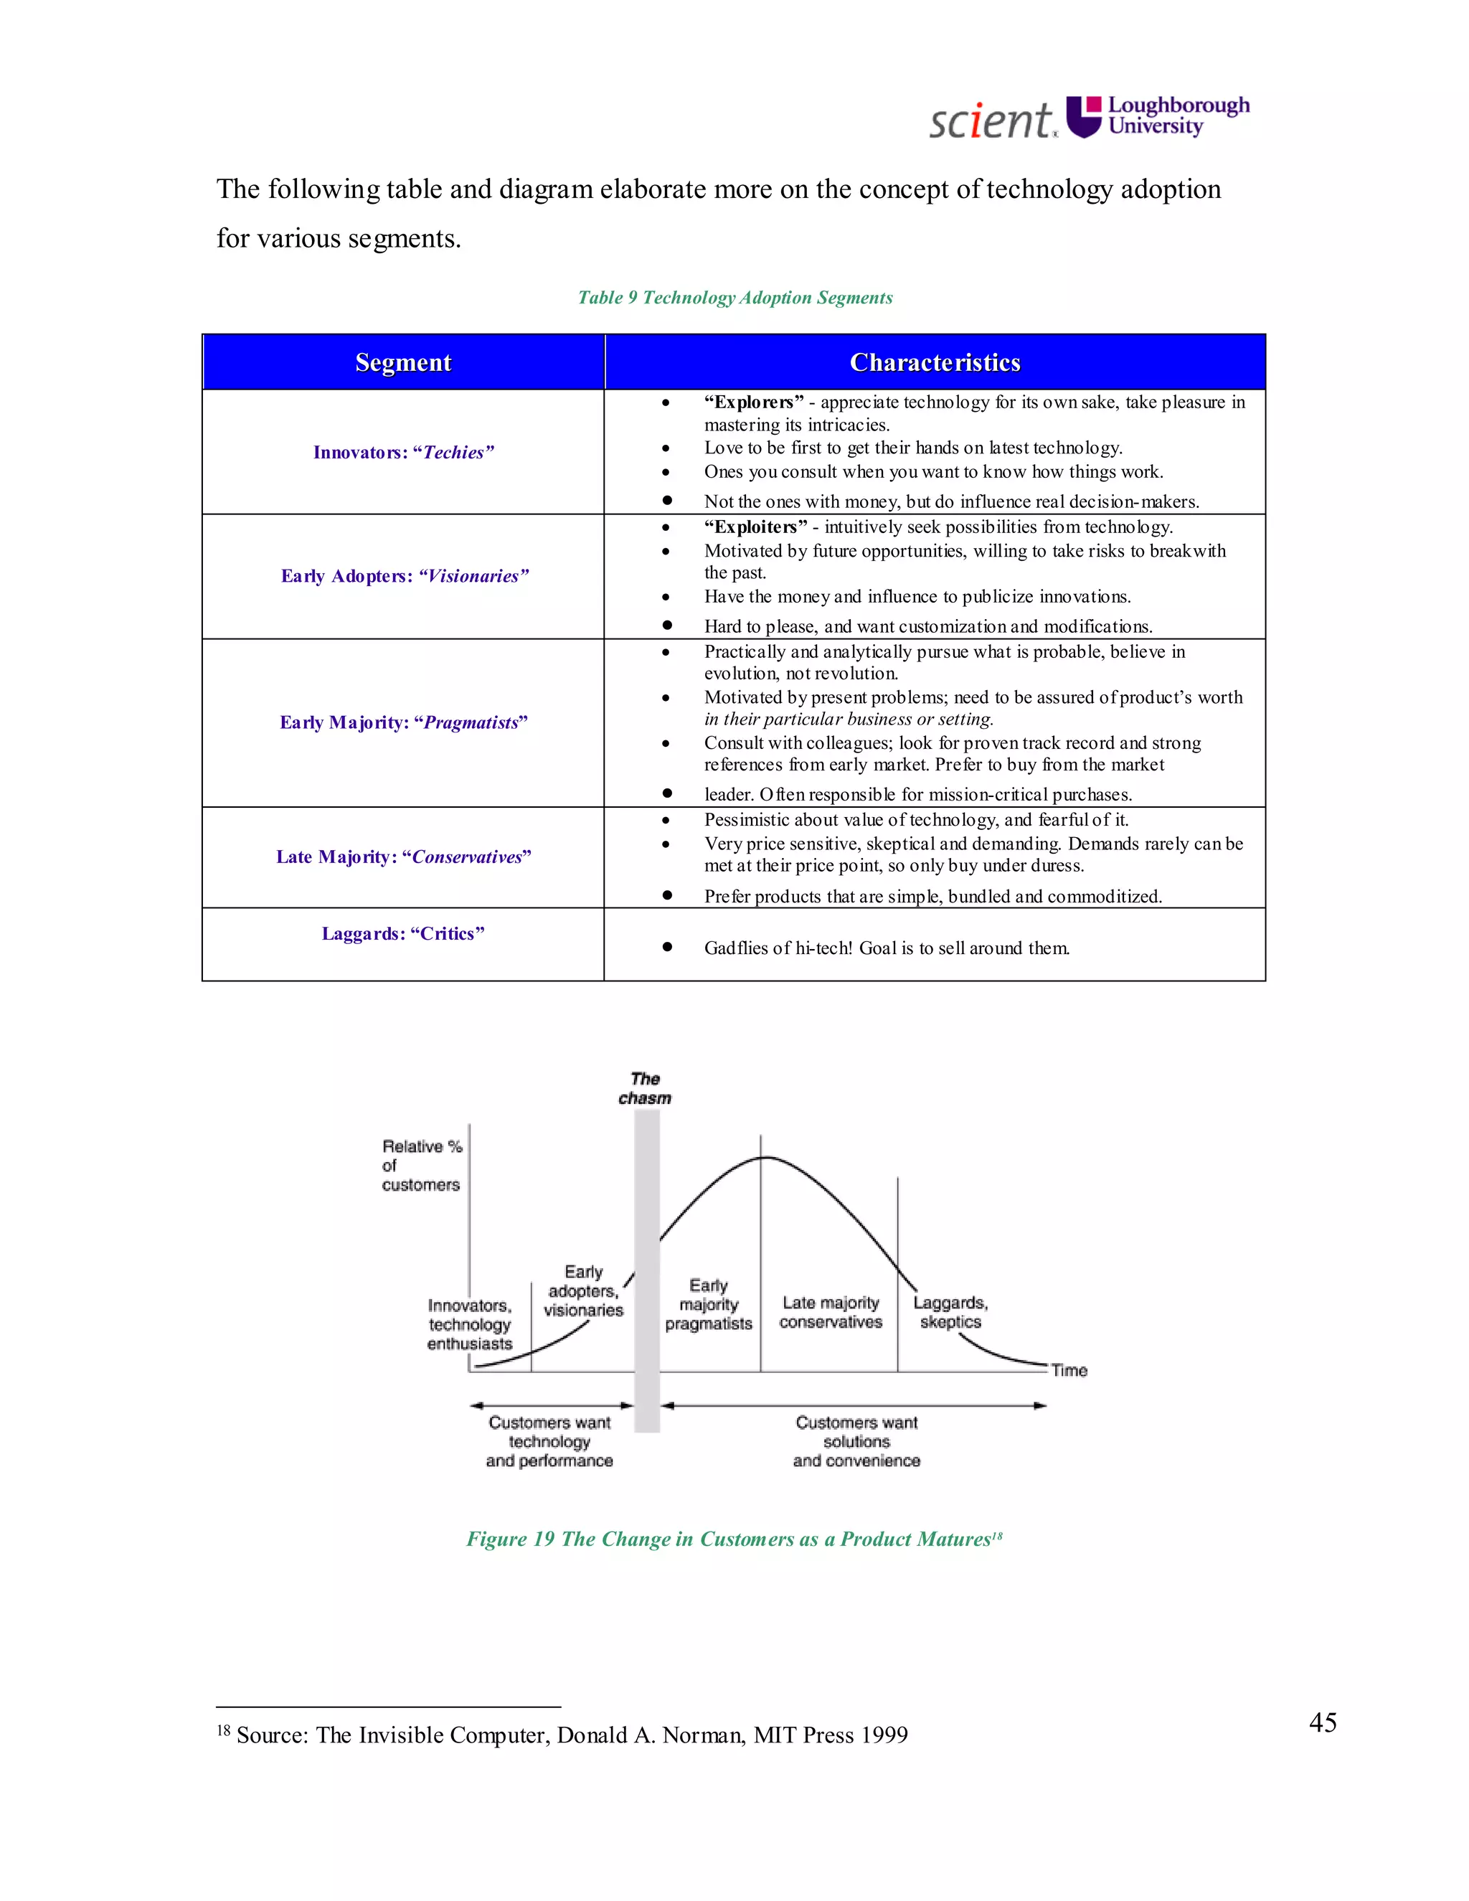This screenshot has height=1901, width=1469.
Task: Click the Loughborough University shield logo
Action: (1085, 117)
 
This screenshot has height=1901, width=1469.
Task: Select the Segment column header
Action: (403, 362)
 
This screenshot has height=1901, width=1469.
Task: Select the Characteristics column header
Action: (935, 362)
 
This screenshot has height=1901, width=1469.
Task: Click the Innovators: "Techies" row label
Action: (403, 452)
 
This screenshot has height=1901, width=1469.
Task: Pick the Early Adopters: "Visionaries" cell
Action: (404, 576)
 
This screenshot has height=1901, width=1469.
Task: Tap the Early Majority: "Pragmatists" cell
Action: (403, 722)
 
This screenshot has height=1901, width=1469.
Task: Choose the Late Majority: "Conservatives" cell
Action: (403, 857)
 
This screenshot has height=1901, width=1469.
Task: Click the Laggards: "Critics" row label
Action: (403, 933)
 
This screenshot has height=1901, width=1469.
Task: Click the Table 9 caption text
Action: (735, 298)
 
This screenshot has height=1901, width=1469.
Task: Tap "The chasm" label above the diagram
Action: (645, 1088)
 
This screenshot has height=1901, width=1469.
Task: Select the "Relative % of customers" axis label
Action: (421, 1166)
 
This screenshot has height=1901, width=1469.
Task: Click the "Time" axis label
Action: (1069, 1370)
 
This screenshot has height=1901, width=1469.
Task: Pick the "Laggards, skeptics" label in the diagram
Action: (950, 1312)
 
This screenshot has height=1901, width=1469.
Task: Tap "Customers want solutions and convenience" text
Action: (856, 1441)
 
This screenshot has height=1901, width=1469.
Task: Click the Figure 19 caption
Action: (734, 1539)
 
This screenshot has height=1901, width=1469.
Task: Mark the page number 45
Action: (1322, 1722)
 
